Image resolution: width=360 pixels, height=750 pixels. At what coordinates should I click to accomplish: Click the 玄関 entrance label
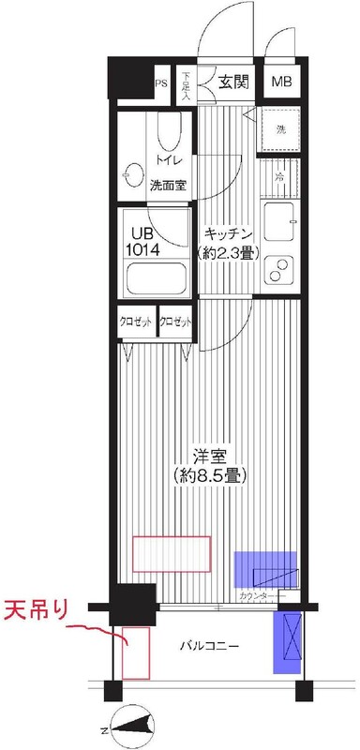[x=234, y=82]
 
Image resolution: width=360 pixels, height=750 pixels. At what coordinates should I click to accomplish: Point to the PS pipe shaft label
[x=160, y=82]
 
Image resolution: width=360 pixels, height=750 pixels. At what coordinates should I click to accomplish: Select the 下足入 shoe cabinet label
[x=186, y=85]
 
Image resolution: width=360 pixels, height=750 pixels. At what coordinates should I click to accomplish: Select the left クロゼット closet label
[x=137, y=322]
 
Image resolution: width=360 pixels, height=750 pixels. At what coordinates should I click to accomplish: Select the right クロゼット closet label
[x=176, y=322]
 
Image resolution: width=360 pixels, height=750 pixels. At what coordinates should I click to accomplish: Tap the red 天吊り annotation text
[x=37, y=609]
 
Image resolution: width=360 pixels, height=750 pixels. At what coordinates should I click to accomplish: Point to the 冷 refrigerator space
[x=280, y=175]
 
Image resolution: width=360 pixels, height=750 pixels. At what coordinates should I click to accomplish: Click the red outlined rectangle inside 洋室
[x=171, y=553]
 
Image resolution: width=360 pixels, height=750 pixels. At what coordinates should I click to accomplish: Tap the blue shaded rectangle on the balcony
[x=287, y=642]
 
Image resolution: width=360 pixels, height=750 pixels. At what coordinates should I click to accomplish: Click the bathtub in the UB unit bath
[x=157, y=278]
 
